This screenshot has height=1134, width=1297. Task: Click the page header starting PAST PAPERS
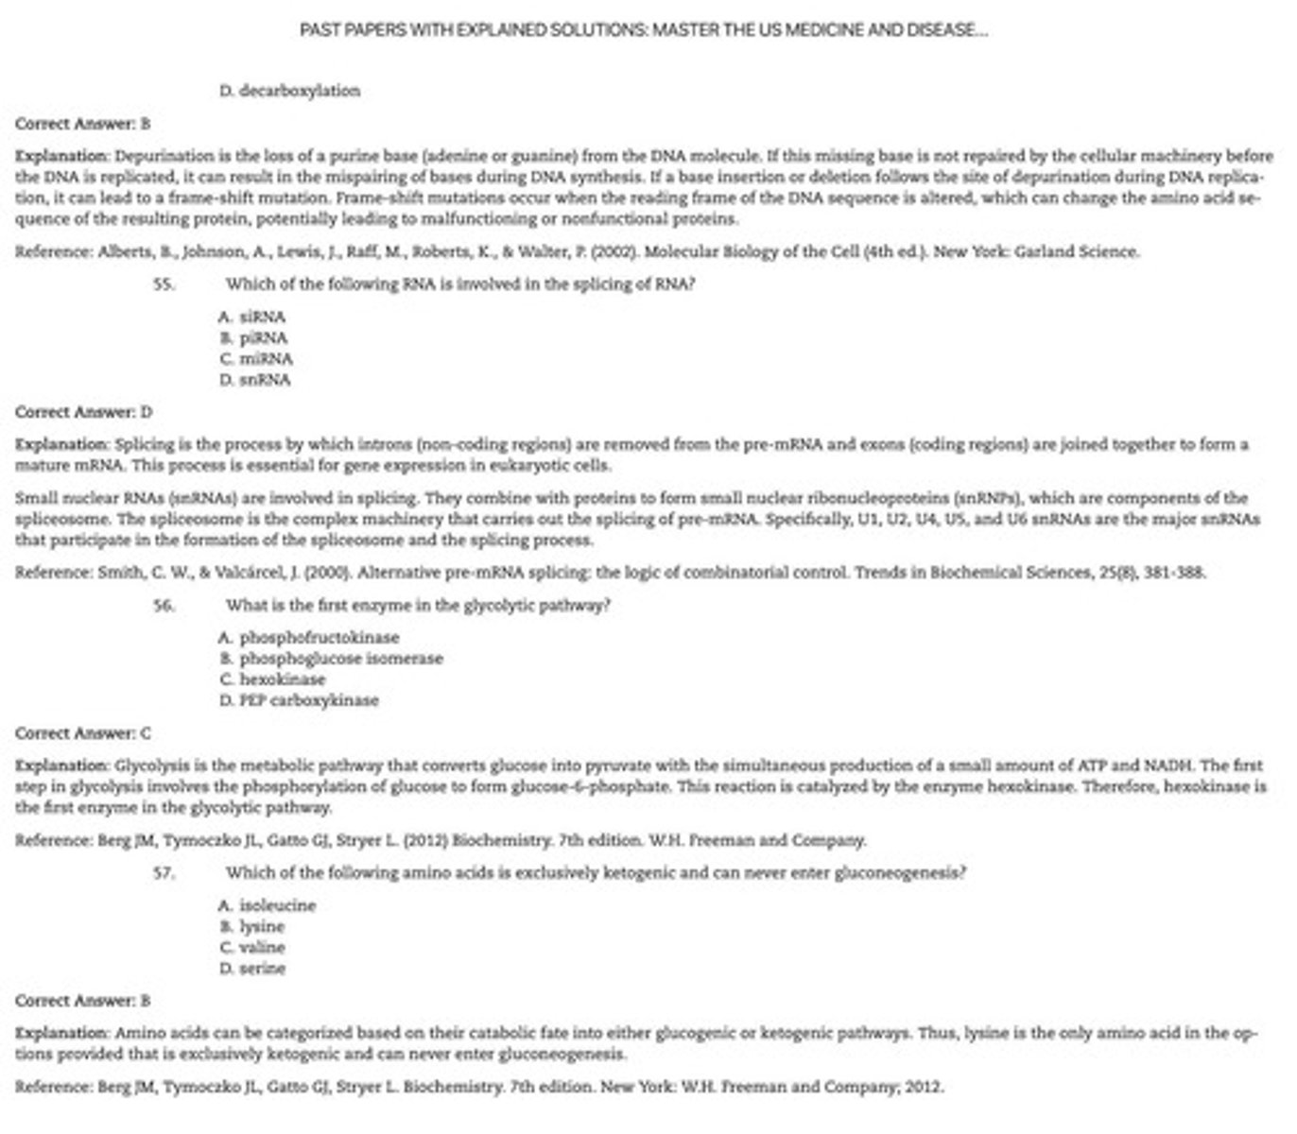tap(644, 30)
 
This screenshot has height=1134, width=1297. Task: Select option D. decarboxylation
tap(289, 91)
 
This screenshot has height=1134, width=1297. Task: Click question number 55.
tap(164, 284)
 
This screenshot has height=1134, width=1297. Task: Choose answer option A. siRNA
tap(251, 318)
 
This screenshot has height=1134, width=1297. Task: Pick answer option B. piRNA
tap(253, 338)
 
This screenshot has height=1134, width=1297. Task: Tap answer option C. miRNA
tap(256, 359)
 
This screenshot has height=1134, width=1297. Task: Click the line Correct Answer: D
tap(83, 412)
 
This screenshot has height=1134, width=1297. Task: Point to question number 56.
tap(164, 606)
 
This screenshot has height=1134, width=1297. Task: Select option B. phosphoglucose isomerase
tap(331, 659)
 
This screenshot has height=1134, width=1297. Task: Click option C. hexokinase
tap(272, 679)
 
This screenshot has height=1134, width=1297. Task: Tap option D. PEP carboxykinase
tap(299, 700)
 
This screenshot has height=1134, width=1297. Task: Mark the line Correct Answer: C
tap(83, 733)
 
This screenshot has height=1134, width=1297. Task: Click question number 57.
tap(164, 873)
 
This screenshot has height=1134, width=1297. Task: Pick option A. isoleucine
tap(268, 905)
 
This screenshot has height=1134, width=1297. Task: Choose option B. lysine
tap(251, 927)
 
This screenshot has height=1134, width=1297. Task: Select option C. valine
tap(252, 948)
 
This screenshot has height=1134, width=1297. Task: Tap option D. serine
tap(251, 969)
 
